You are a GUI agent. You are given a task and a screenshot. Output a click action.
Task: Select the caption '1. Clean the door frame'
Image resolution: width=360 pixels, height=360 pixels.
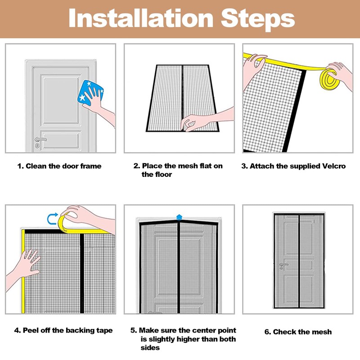59,166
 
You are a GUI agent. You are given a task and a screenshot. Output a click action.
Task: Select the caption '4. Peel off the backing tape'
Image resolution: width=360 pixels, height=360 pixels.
63,330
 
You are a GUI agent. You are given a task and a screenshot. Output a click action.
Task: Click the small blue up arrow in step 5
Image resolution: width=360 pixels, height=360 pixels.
180,216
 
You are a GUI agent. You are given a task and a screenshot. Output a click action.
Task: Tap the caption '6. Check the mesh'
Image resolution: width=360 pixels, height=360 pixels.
298,332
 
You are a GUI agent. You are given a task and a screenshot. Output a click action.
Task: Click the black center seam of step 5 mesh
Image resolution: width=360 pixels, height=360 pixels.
179,270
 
